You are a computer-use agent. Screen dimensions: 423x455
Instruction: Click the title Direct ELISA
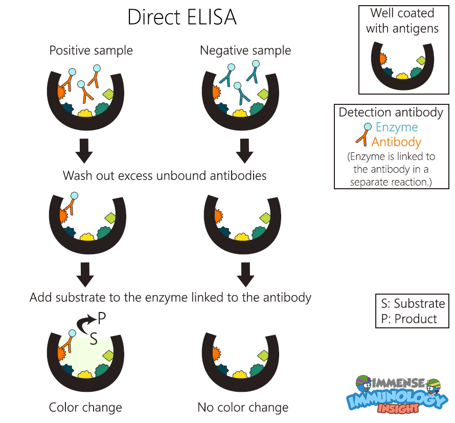(182, 17)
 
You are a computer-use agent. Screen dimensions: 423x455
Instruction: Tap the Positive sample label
(91, 51)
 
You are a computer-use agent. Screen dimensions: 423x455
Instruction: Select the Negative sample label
(245, 51)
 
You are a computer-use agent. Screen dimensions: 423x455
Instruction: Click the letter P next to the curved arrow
(102, 319)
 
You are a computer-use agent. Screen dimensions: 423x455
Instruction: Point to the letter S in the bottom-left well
(94, 338)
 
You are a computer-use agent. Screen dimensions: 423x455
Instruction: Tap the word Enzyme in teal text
(397, 127)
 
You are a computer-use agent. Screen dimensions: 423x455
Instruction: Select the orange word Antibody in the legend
(396, 142)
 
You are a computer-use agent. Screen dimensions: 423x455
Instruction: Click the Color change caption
(85, 408)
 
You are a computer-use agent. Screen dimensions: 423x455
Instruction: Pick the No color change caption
(243, 408)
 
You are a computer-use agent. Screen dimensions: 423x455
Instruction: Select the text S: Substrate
(413, 303)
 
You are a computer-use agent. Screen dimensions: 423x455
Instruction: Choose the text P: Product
(409, 319)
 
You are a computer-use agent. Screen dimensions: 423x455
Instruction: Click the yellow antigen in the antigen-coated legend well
(402, 76)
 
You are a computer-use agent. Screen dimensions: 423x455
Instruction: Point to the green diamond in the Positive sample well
(109, 94)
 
